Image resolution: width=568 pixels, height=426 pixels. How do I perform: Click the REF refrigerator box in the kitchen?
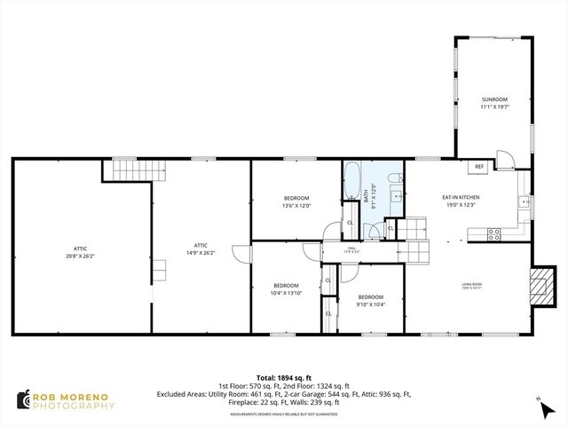pos(479,166)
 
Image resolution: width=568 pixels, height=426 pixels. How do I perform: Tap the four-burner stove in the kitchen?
pos(493,234)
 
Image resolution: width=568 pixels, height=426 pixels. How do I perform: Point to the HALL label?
pos(351,248)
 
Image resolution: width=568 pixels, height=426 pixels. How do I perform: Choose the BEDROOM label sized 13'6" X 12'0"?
pos(296,197)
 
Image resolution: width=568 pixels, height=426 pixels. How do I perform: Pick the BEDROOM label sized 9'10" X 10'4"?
pos(370,296)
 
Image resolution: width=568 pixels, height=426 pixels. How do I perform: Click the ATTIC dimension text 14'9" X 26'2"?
pos(201,253)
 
